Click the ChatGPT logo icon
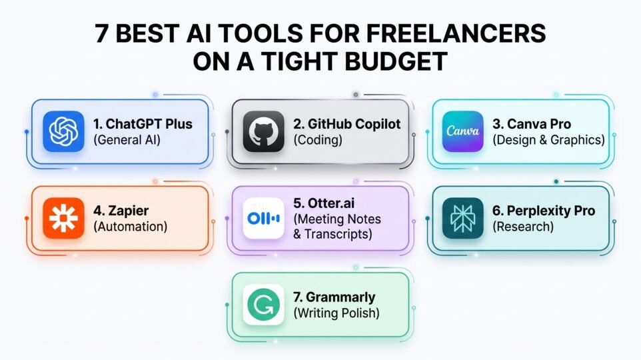pos(63,131)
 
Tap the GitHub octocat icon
pos(263,131)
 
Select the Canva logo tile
pos(463,131)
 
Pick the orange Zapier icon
pos(63,218)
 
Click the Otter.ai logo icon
pos(263,218)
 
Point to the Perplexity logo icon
pos(463,218)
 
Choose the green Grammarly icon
pos(263,305)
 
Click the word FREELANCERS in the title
pos(456,33)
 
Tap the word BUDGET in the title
pos(396,61)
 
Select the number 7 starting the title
pos(101,33)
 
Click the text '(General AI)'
pos(127,140)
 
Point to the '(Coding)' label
pos(318,140)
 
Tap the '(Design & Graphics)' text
pos(548,140)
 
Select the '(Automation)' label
pos(130,227)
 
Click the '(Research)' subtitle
pos(523,227)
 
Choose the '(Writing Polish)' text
pos(336,313)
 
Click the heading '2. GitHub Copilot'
pos(346,124)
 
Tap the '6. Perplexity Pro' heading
pos(544,211)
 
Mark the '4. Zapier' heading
pos(121,211)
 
